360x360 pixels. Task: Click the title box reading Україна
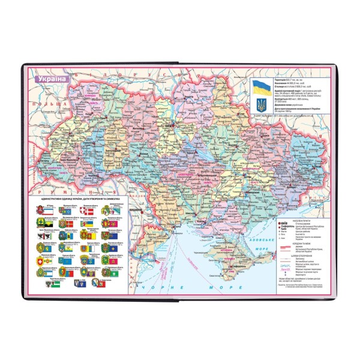coord(49,78)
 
